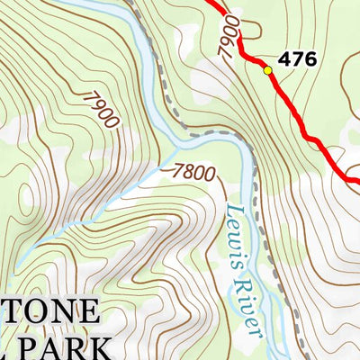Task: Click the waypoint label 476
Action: click(297, 60)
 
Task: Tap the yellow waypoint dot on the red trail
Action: click(267, 70)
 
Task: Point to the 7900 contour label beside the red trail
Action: click(230, 35)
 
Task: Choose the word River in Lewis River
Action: click(253, 311)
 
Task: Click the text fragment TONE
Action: click(49, 313)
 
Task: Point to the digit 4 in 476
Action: click(284, 60)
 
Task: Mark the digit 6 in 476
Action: click(310, 60)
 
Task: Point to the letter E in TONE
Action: click(87, 313)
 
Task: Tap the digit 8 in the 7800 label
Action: click(192, 169)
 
